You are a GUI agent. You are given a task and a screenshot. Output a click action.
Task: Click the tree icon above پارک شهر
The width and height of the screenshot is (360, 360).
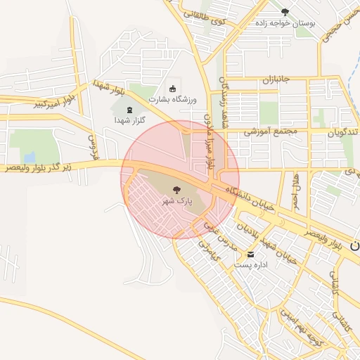pos(176,188)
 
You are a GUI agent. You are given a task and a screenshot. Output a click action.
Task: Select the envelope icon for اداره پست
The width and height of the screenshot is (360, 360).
pos(251,254)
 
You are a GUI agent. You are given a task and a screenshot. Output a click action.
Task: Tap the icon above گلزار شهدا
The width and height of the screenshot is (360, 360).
pos(129,109)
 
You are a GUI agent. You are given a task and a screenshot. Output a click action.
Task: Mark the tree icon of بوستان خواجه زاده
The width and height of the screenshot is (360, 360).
pos(285,12)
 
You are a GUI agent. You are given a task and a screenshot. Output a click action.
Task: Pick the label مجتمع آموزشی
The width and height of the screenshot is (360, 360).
pos(271,131)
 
